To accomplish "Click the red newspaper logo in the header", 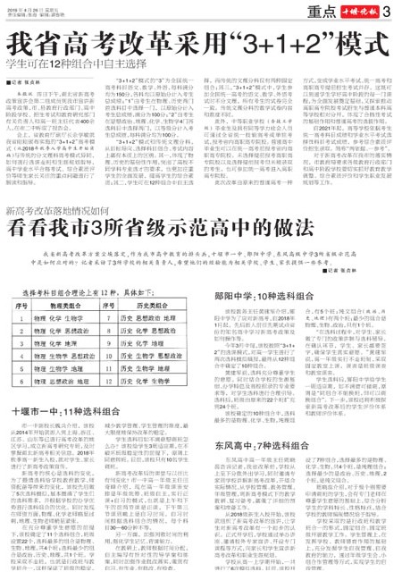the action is click(x=365, y=11).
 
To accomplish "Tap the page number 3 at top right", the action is click(x=394, y=11).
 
